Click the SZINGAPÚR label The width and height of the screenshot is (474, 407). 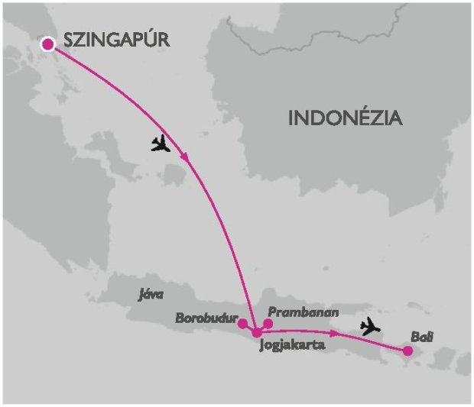coord(116,41)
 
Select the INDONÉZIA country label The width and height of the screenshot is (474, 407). coord(345,118)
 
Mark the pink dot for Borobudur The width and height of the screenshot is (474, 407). coord(242,323)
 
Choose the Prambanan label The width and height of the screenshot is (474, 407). coord(304,312)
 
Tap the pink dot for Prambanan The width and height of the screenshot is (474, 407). coord(268,323)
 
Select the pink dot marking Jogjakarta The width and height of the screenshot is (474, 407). coord(258,332)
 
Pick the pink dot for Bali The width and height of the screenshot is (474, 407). coord(407,350)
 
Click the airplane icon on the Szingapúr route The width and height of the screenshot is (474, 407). coord(161,143)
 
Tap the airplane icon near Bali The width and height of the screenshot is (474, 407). coord(370,327)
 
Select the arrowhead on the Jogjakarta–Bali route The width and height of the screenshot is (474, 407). coord(336,334)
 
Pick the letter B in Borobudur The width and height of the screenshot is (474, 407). coord(179,317)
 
